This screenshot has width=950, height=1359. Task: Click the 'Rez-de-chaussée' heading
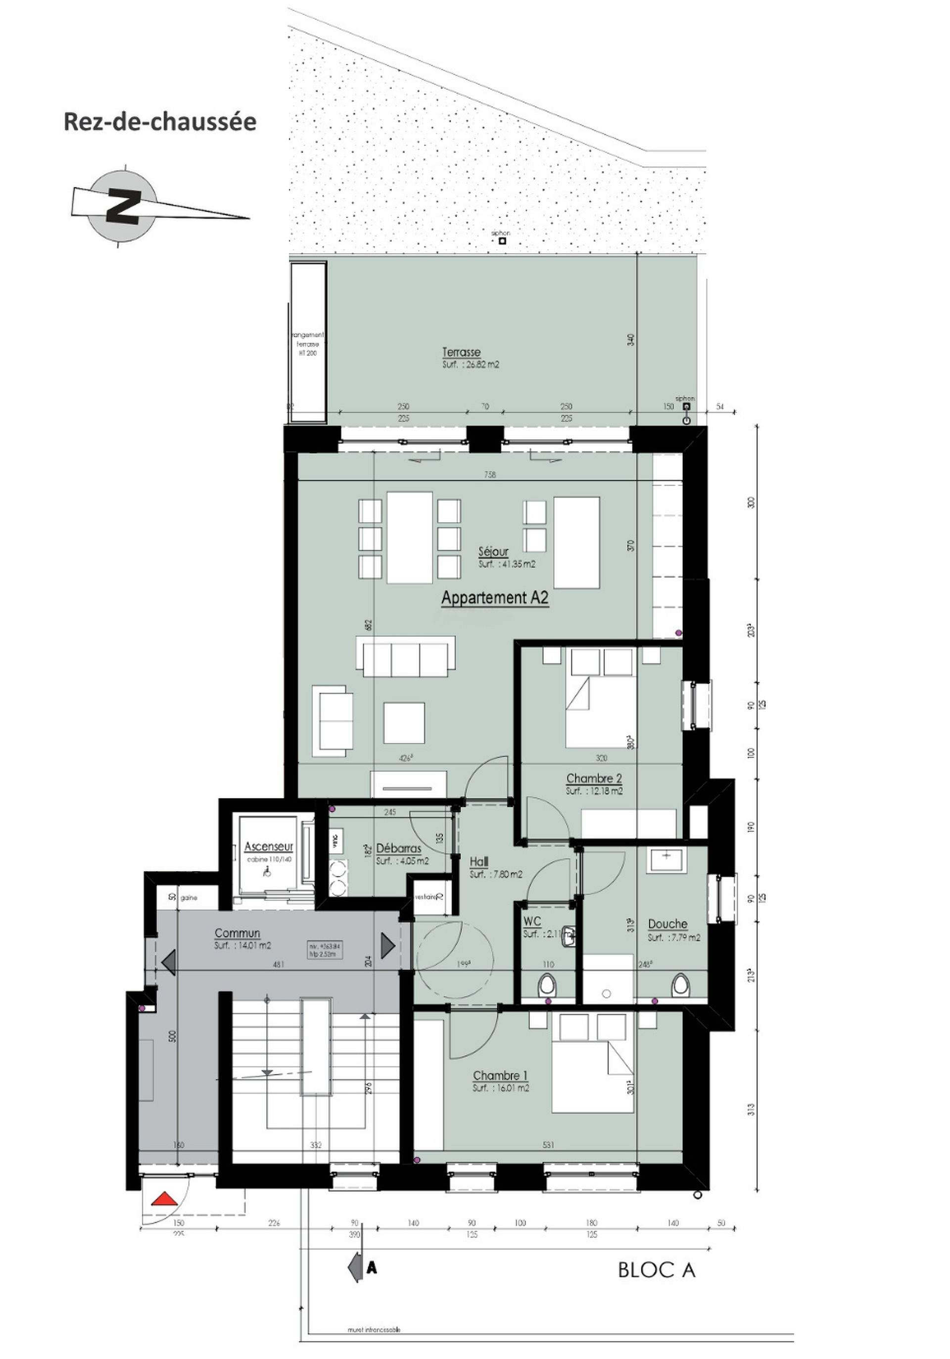pos(160,122)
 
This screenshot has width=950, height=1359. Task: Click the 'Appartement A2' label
pos(495,598)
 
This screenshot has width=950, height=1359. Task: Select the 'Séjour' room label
pos(493,552)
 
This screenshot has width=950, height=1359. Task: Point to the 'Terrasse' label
pos(461,352)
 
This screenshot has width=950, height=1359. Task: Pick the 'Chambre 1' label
pos(500,1075)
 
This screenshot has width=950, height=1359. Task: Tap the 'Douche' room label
pos(667,924)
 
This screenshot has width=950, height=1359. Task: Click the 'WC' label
pos(532,921)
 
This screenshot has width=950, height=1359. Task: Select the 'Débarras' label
pos(399,849)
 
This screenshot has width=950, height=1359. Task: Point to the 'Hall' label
pos(478,861)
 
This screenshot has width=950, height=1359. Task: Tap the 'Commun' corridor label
pos(237,933)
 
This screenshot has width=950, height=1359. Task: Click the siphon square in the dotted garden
pos(502,241)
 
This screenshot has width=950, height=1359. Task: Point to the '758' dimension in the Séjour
pos(489,474)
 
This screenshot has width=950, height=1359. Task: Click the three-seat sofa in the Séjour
pos(406,657)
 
